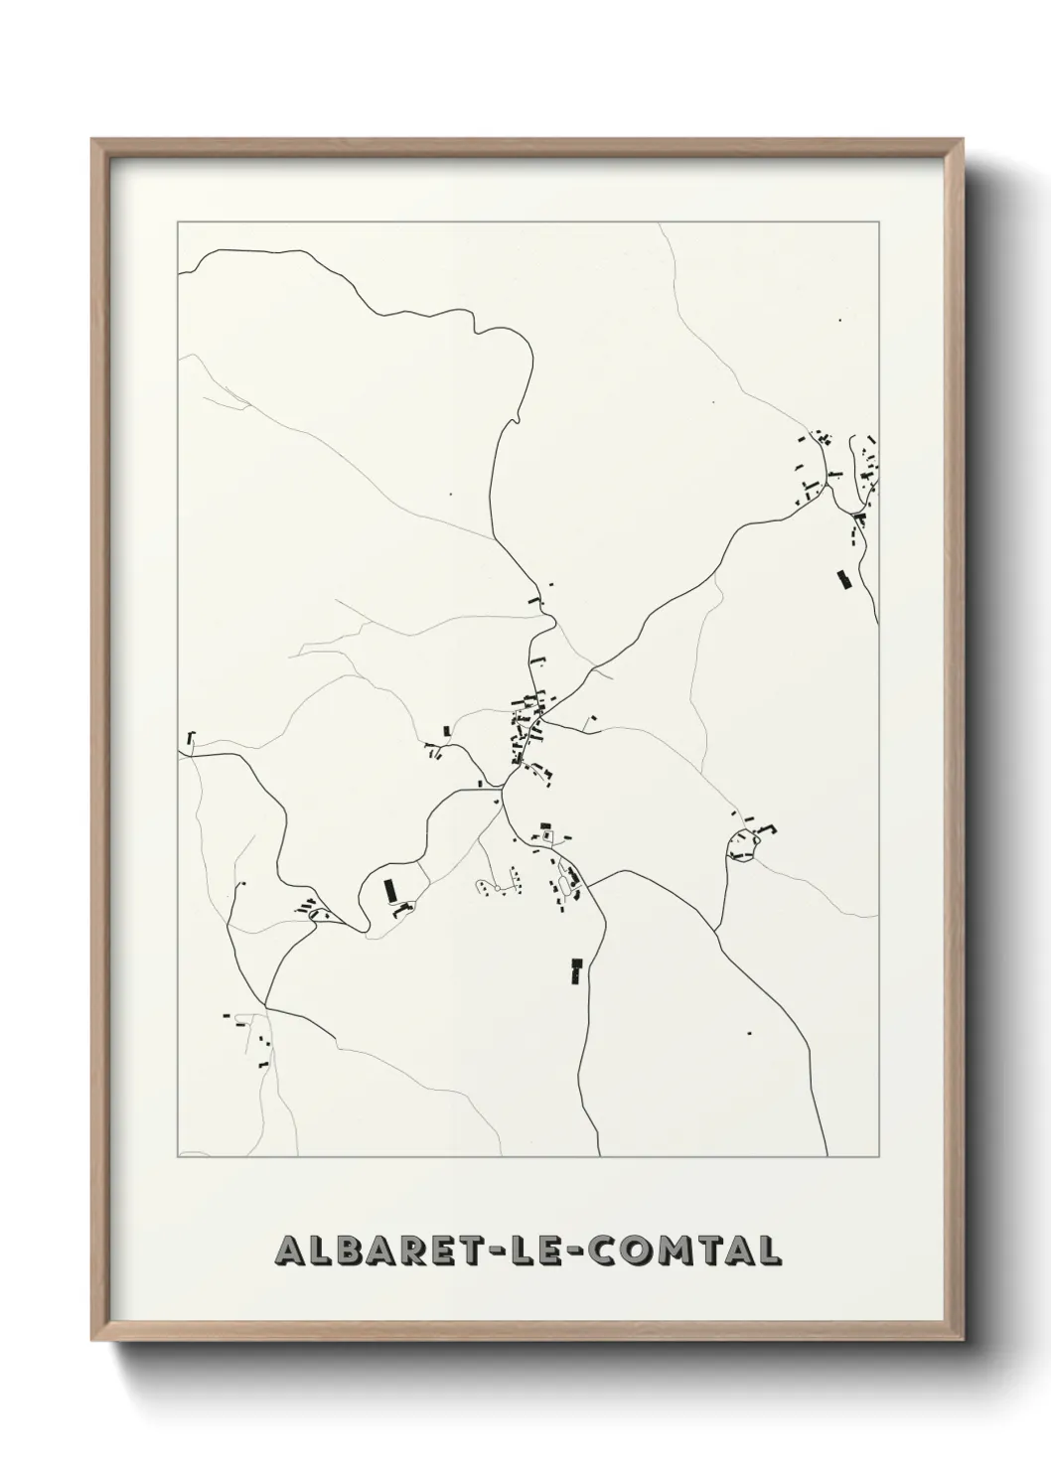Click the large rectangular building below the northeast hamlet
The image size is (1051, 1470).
click(845, 579)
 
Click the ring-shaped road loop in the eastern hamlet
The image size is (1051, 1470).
click(743, 843)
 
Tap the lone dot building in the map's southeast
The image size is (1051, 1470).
click(748, 1033)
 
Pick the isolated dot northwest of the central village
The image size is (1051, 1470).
click(450, 493)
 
